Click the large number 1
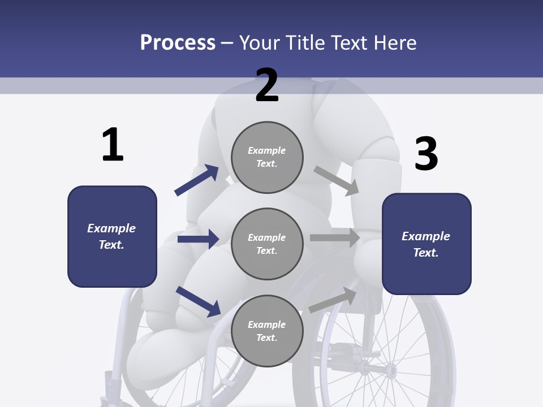click(x=113, y=145)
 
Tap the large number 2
click(x=267, y=85)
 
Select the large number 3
click(x=426, y=154)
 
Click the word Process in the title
click(x=178, y=42)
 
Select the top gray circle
click(x=267, y=157)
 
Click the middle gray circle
click(x=267, y=244)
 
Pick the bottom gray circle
click(x=267, y=331)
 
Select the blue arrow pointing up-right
click(x=197, y=180)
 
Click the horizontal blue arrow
click(x=198, y=239)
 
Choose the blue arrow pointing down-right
click(x=198, y=301)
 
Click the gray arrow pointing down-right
click(x=337, y=180)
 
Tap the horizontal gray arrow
click(x=335, y=238)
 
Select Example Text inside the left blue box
click(x=111, y=236)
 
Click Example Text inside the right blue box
click(x=426, y=244)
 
